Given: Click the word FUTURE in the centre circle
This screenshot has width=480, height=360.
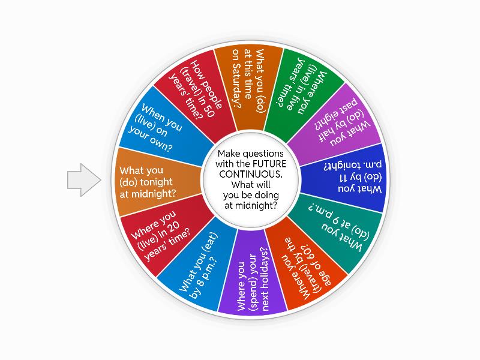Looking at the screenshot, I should (x=268, y=163).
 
